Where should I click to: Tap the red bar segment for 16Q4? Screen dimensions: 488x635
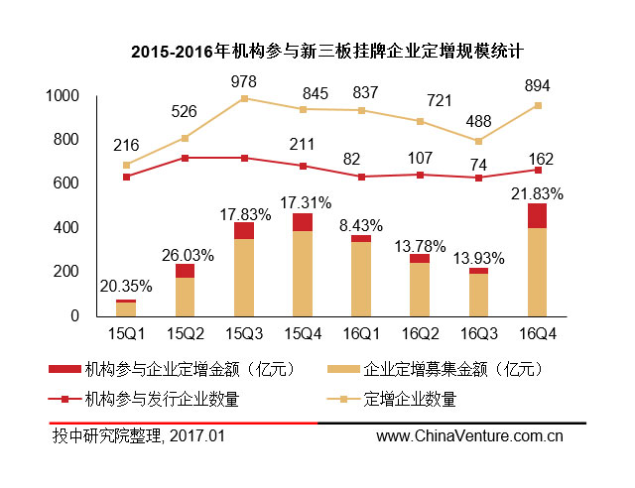(x=537, y=215)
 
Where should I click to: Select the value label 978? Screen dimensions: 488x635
(x=244, y=80)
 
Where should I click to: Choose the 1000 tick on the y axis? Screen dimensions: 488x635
(x=63, y=96)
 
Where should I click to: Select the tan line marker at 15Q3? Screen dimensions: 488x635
(x=244, y=98)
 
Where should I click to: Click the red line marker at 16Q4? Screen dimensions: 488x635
(x=537, y=170)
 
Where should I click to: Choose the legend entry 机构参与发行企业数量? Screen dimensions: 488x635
(x=161, y=400)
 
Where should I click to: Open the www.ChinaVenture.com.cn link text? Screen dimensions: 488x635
(x=469, y=435)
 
